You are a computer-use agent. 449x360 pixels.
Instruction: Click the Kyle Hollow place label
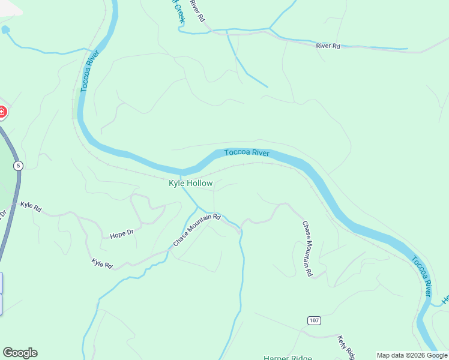[x=190, y=183]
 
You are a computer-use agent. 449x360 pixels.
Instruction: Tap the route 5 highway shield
[x=19, y=165]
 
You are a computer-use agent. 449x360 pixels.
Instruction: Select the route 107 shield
[x=313, y=320]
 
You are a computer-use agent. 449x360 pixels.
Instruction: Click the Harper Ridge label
[x=288, y=357]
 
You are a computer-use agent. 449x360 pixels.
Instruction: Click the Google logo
[x=20, y=352]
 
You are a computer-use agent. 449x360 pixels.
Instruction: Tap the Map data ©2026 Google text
[x=412, y=355]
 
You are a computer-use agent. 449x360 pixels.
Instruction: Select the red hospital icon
[x=2, y=112]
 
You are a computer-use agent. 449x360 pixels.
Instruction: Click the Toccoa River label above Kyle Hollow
[x=247, y=153]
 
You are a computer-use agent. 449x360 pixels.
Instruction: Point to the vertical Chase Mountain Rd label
[x=307, y=249]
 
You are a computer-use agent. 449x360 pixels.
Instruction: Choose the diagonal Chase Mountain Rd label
[x=197, y=230]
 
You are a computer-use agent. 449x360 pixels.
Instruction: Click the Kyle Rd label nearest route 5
[x=31, y=206]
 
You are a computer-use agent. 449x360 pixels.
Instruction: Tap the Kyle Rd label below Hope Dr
[x=102, y=263]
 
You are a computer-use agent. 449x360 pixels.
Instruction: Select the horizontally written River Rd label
[x=328, y=46]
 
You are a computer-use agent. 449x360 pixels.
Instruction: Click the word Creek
[x=179, y=11]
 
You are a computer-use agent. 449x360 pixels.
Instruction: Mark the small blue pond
[x=5, y=29]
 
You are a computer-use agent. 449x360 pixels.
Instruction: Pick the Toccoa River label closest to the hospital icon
[x=88, y=71]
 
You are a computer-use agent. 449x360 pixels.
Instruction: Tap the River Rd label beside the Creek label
[x=197, y=10]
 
